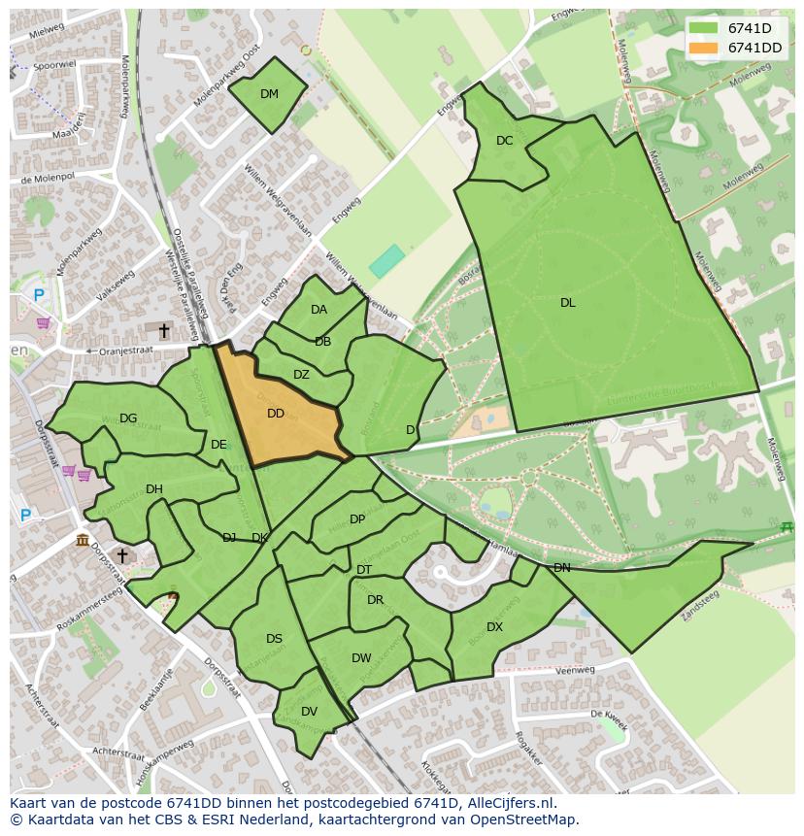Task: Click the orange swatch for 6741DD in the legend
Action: (705, 48)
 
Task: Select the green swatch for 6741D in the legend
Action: (705, 28)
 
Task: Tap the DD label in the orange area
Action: (276, 414)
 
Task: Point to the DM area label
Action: (269, 94)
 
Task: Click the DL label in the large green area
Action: (568, 303)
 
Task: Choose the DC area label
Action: (504, 141)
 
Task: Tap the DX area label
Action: (494, 627)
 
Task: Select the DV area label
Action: (309, 712)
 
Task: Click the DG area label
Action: (128, 418)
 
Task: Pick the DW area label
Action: (361, 658)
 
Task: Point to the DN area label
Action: (561, 568)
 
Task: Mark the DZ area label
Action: (301, 375)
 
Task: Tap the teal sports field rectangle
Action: (386, 260)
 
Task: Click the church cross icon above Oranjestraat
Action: (164, 332)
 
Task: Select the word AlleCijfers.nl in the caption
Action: (507, 803)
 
